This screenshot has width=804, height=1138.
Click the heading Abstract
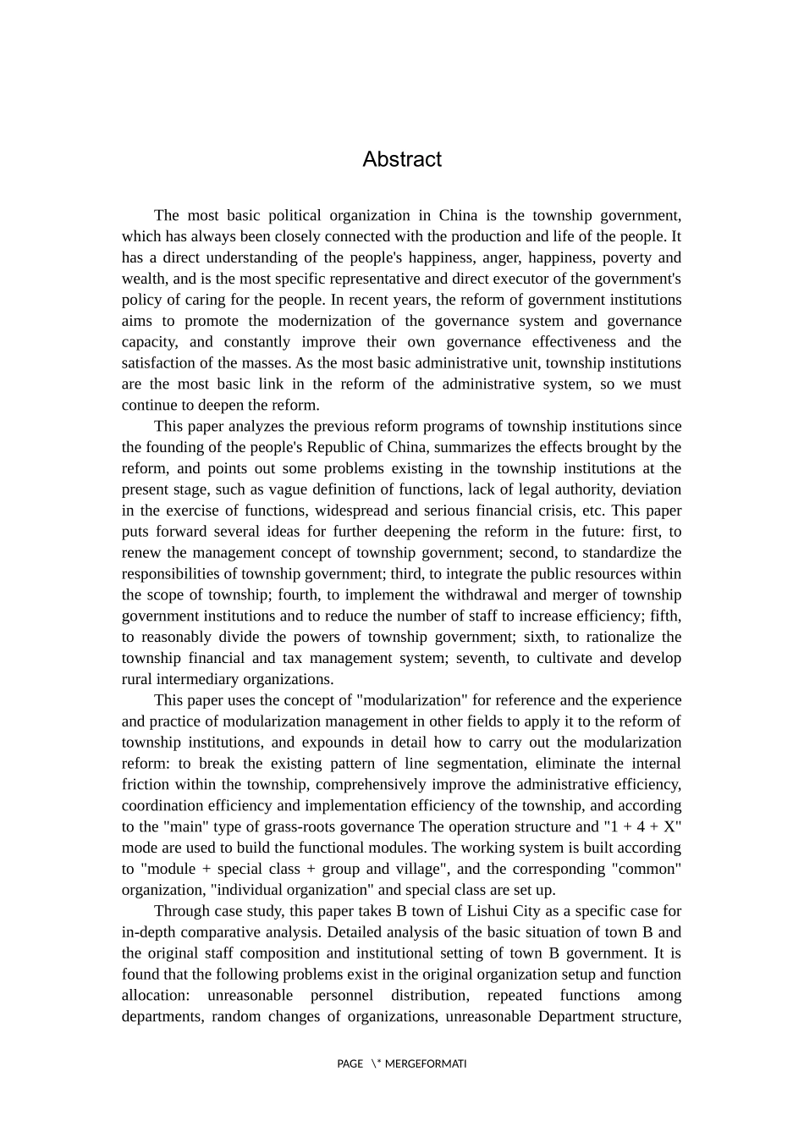click(402, 159)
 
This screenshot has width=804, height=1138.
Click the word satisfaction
click(159, 363)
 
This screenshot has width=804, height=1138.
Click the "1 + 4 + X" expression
click(642, 826)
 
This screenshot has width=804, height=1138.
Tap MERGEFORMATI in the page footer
click(426, 1064)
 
